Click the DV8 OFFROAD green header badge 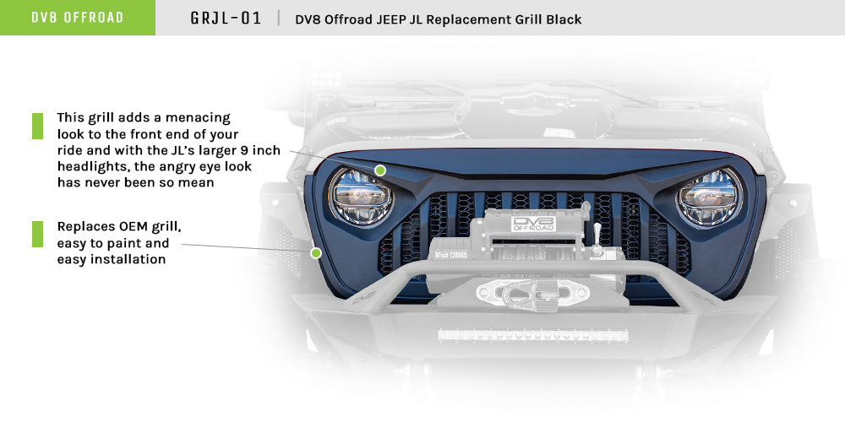(x=77, y=18)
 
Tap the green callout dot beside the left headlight (x=380, y=170)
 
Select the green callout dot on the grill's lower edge (x=316, y=252)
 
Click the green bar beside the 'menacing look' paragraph (x=37, y=126)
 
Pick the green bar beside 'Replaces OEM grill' (x=37, y=234)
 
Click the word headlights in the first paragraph (x=89, y=166)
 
